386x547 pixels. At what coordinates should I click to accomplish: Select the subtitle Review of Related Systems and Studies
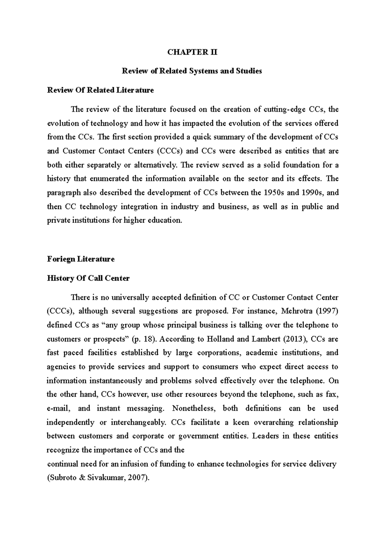coord(192,71)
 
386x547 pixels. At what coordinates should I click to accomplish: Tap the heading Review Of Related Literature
coord(100,90)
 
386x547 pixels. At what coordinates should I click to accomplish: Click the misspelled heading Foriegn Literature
coord(81,259)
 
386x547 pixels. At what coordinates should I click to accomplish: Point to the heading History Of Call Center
coord(88,278)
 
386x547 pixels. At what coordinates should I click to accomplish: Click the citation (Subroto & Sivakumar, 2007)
coord(98,478)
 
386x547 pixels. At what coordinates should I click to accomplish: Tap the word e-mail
coord(58,408)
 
